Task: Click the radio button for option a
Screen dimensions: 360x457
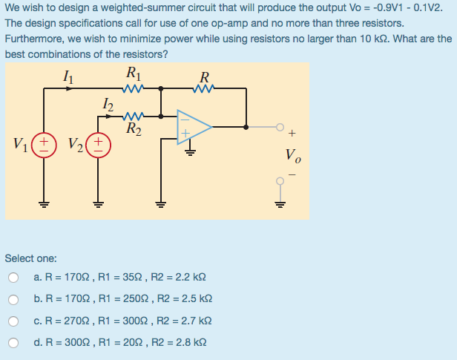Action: pos(13,278)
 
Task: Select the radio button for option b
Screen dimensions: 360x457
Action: pos(13,300)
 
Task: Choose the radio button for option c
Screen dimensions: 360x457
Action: pos(13,321)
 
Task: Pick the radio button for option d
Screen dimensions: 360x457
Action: pos(13,343)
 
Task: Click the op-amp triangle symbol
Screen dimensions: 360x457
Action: pos(194,127)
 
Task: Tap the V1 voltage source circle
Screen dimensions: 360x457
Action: pos(45,142)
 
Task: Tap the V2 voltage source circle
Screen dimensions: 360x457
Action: pos(98,142)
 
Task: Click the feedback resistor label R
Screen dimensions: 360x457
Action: pos(205,76)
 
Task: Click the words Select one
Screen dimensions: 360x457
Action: pos(30,258)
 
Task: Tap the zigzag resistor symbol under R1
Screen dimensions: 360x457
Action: pos(135,89)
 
